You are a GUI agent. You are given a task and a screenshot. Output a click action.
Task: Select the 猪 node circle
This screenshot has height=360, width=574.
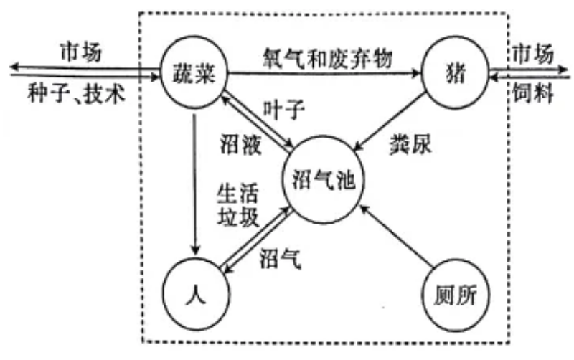click(454, 72)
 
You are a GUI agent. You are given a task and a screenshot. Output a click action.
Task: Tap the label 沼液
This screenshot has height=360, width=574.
click(239, 143)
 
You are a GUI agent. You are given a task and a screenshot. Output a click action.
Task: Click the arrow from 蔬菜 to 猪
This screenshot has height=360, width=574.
click(323, 72)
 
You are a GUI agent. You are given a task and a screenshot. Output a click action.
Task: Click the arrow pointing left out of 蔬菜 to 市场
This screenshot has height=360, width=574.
click(79, 67)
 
